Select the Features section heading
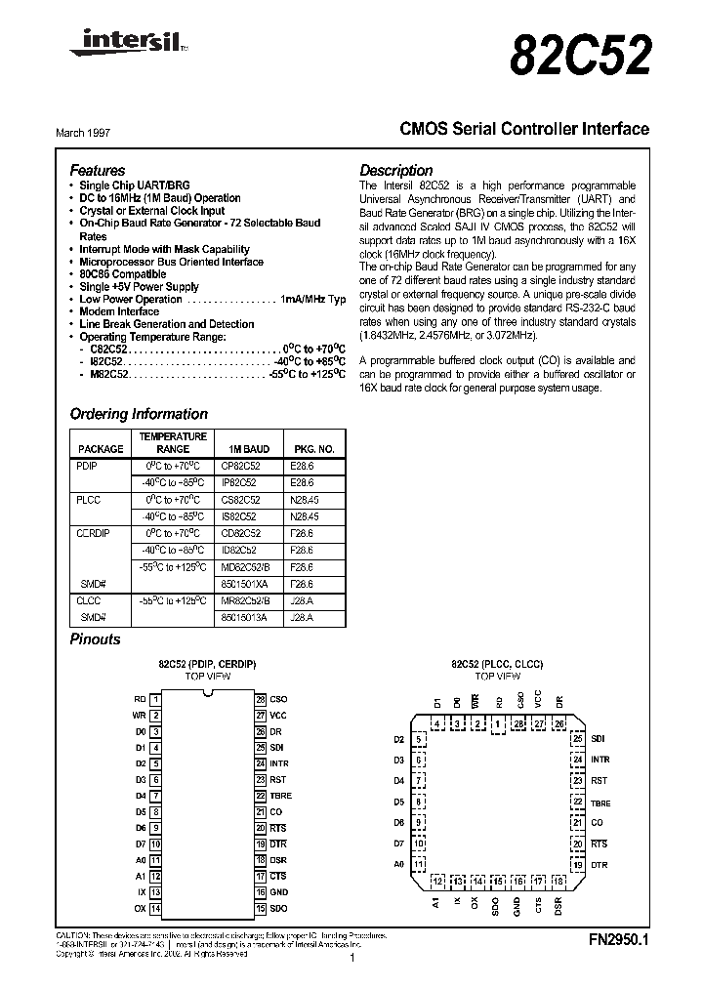(x=97, y=169)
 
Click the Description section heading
(x=395, y=169)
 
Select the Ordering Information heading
(x=139, y=414)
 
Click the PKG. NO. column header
(x=312, y=449)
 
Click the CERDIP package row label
(x=95, y=533)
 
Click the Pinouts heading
(x=96, y=639)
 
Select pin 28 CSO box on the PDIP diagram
(x=261, y=699)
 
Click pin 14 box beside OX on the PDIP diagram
(x=156, y=908)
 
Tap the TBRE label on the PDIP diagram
(x=280, y=796)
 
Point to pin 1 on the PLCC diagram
(x=498, y=723)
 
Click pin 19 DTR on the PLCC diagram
(x=578, y=864)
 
